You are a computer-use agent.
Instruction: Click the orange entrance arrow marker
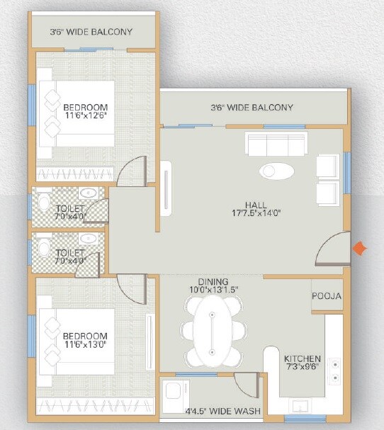tap(361, 248)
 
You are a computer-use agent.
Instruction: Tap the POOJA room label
tap(327, 296)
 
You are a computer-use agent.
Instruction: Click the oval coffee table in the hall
tap(276, 171)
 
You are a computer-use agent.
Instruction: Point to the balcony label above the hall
tap(252, 108)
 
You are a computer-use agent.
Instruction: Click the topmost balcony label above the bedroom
tap(91, 32)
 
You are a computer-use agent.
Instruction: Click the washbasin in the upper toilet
tap(89, 193)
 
